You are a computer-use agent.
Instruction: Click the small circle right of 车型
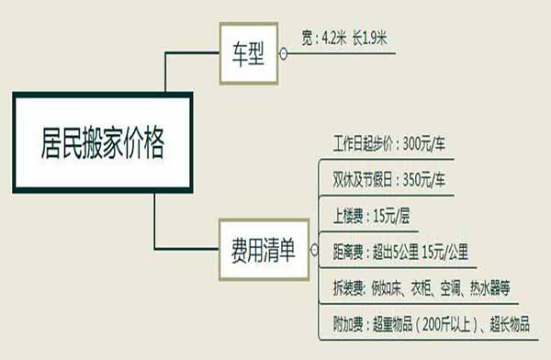(x=283, y=54)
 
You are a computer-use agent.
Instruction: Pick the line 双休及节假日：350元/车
(x=390, y=178)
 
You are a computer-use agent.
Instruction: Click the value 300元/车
(x=422, y=145)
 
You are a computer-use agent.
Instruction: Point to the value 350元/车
(x=422, y=178)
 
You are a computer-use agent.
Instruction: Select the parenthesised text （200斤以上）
(x=440, y=322)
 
